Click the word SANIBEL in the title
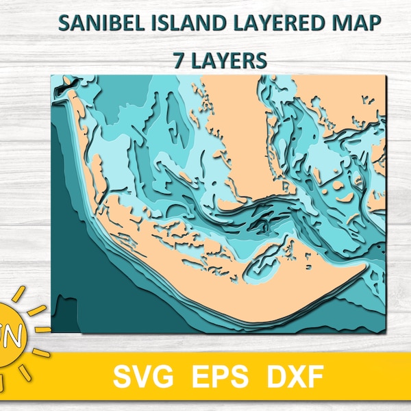(97, 22)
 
